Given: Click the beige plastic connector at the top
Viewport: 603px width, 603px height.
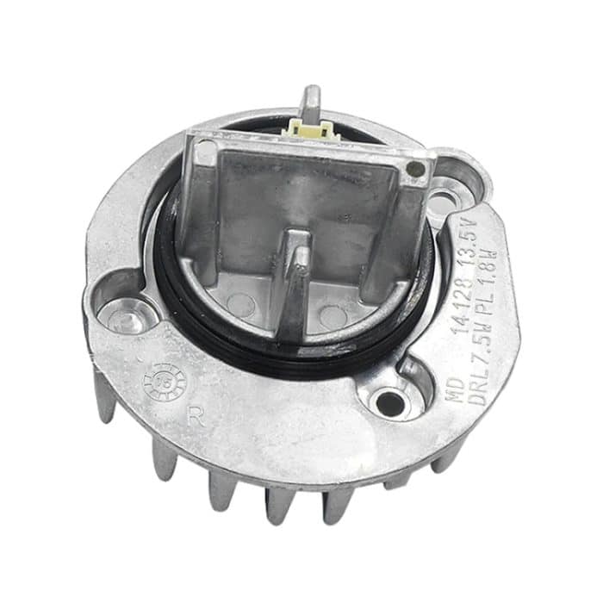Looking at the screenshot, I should pyautogui.click(x=312, y=130).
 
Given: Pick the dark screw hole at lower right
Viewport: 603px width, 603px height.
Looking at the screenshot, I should pyautogui.click(x=390, y=401).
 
